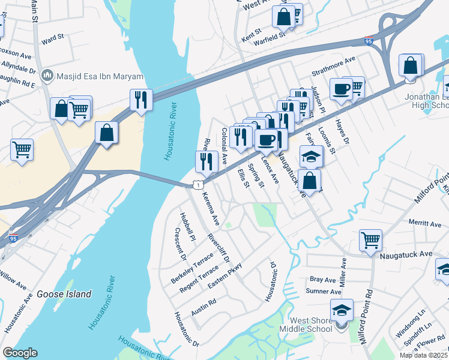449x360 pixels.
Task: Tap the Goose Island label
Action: coord(64,294)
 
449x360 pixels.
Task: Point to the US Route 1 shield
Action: coord(197,186)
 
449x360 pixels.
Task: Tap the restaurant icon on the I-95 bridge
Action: coord(141,100)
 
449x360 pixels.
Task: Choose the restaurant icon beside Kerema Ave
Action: coord(206,161)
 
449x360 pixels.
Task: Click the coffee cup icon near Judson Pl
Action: coord(341,89)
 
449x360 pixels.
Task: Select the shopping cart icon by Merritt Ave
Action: coord(370,240)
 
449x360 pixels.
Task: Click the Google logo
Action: coord(20,353)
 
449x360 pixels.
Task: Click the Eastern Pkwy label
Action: coord(224,275)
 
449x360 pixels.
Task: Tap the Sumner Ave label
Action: coord(320,292)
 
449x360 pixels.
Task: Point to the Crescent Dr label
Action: coord(181,244)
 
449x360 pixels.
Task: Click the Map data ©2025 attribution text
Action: coord(424,355)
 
